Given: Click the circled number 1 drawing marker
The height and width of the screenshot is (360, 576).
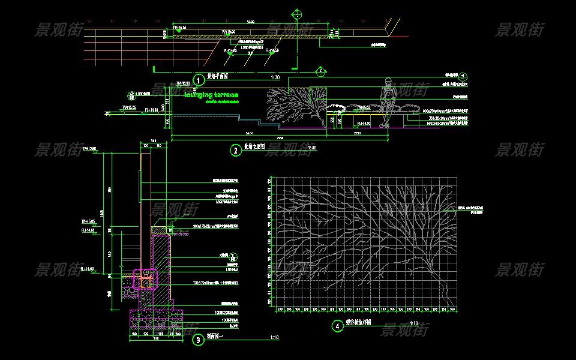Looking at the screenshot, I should [x=196, y=79].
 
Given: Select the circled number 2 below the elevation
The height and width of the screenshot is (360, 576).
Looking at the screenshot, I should [x=236, y=150].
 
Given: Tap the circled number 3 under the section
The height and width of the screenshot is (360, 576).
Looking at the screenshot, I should [x=198, y=340].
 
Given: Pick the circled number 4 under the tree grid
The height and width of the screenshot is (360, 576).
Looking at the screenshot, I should [x=338, y=326].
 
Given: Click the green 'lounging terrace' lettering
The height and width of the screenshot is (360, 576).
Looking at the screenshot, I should [x=212, y=95].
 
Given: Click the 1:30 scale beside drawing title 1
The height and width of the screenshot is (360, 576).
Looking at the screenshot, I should [x=275, y=77].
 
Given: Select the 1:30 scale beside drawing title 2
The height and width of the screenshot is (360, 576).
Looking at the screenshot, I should [x=311, y=148].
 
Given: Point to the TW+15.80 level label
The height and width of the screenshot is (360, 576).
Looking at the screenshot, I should [x=89, y=148].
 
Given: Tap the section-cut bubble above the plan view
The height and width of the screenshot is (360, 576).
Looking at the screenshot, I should [x=297, y=13].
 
